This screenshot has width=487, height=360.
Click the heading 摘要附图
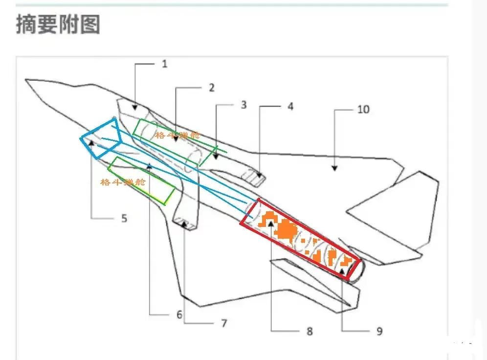click(58, 24)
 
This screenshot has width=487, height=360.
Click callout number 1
click(165, 64)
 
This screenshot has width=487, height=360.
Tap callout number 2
click(211, 88)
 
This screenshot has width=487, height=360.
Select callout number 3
click(243, 105)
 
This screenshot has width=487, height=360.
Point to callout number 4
click(290, 106)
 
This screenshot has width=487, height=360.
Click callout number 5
click(124, 218)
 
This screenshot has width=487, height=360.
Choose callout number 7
click(224, 323)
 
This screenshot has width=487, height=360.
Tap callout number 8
click(309, 331)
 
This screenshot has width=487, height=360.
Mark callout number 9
click(379, 331)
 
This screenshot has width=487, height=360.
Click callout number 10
click(363, 109)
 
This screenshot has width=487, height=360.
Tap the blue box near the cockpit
click(101, 138)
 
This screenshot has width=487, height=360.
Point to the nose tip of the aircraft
click(26, 79)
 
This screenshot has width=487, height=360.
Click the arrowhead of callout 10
click(334, 168)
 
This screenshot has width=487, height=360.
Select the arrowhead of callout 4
click(260, 177)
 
